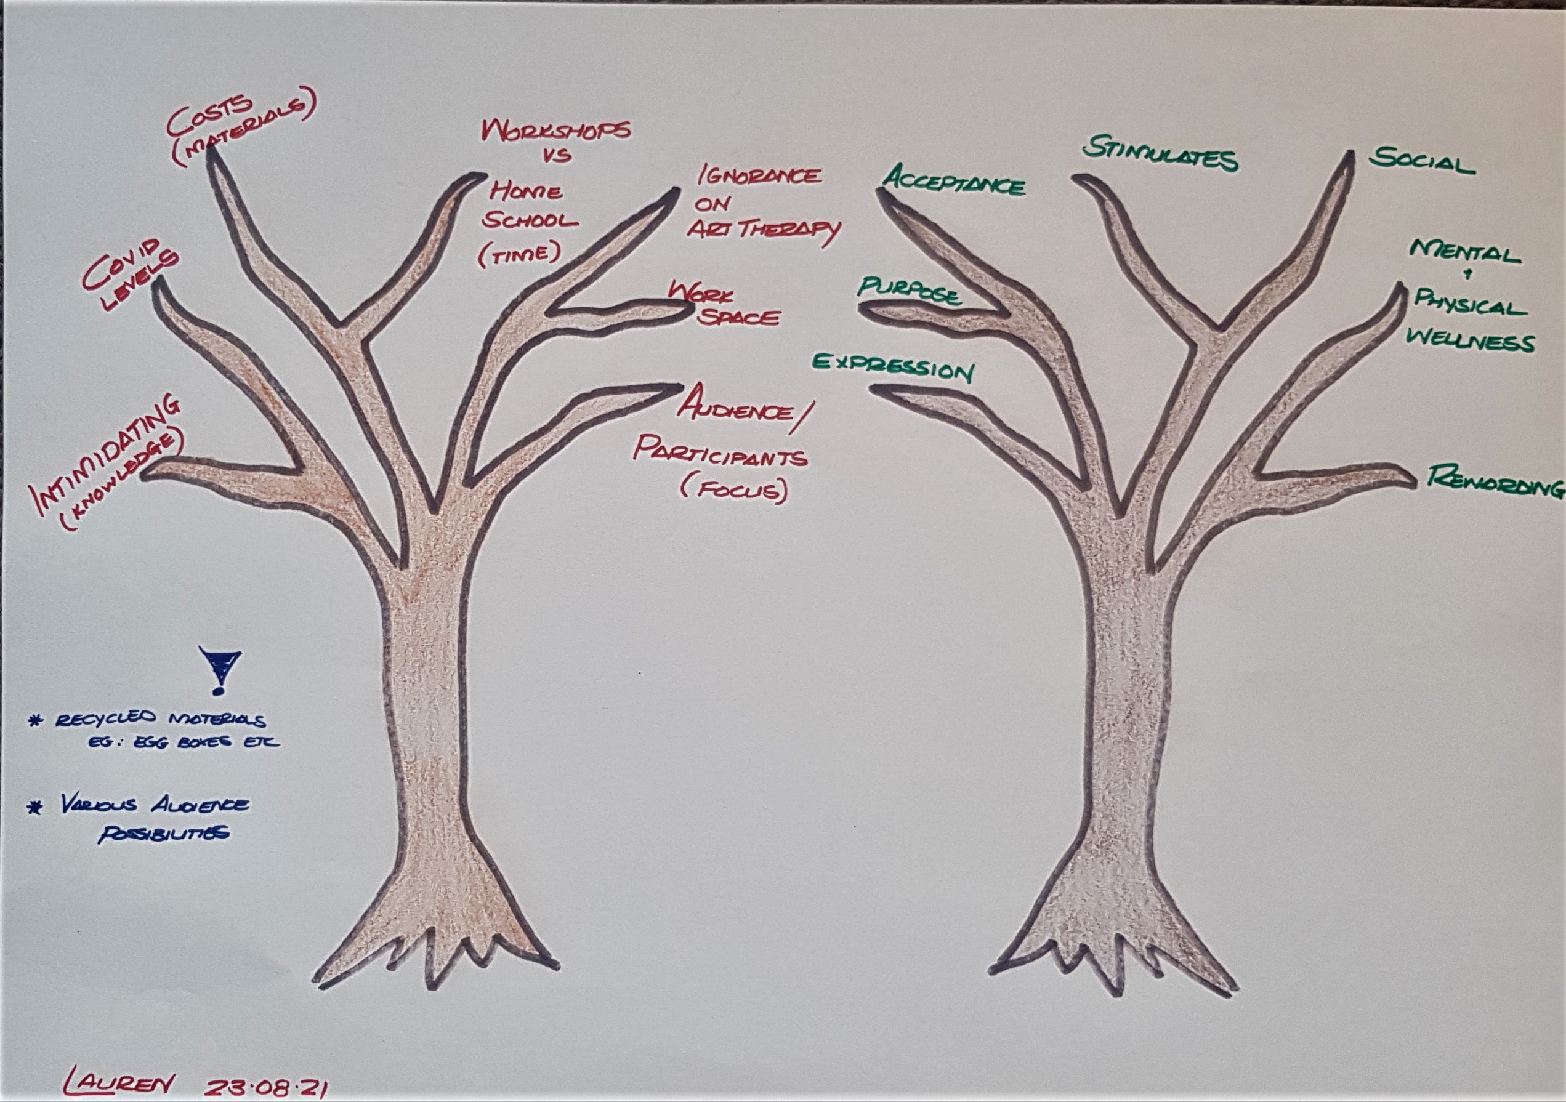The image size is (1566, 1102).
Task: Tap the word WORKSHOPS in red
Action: coord(555,131)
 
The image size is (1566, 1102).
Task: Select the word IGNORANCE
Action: coord(759,176)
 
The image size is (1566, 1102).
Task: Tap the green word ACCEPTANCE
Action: coord(953,182)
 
